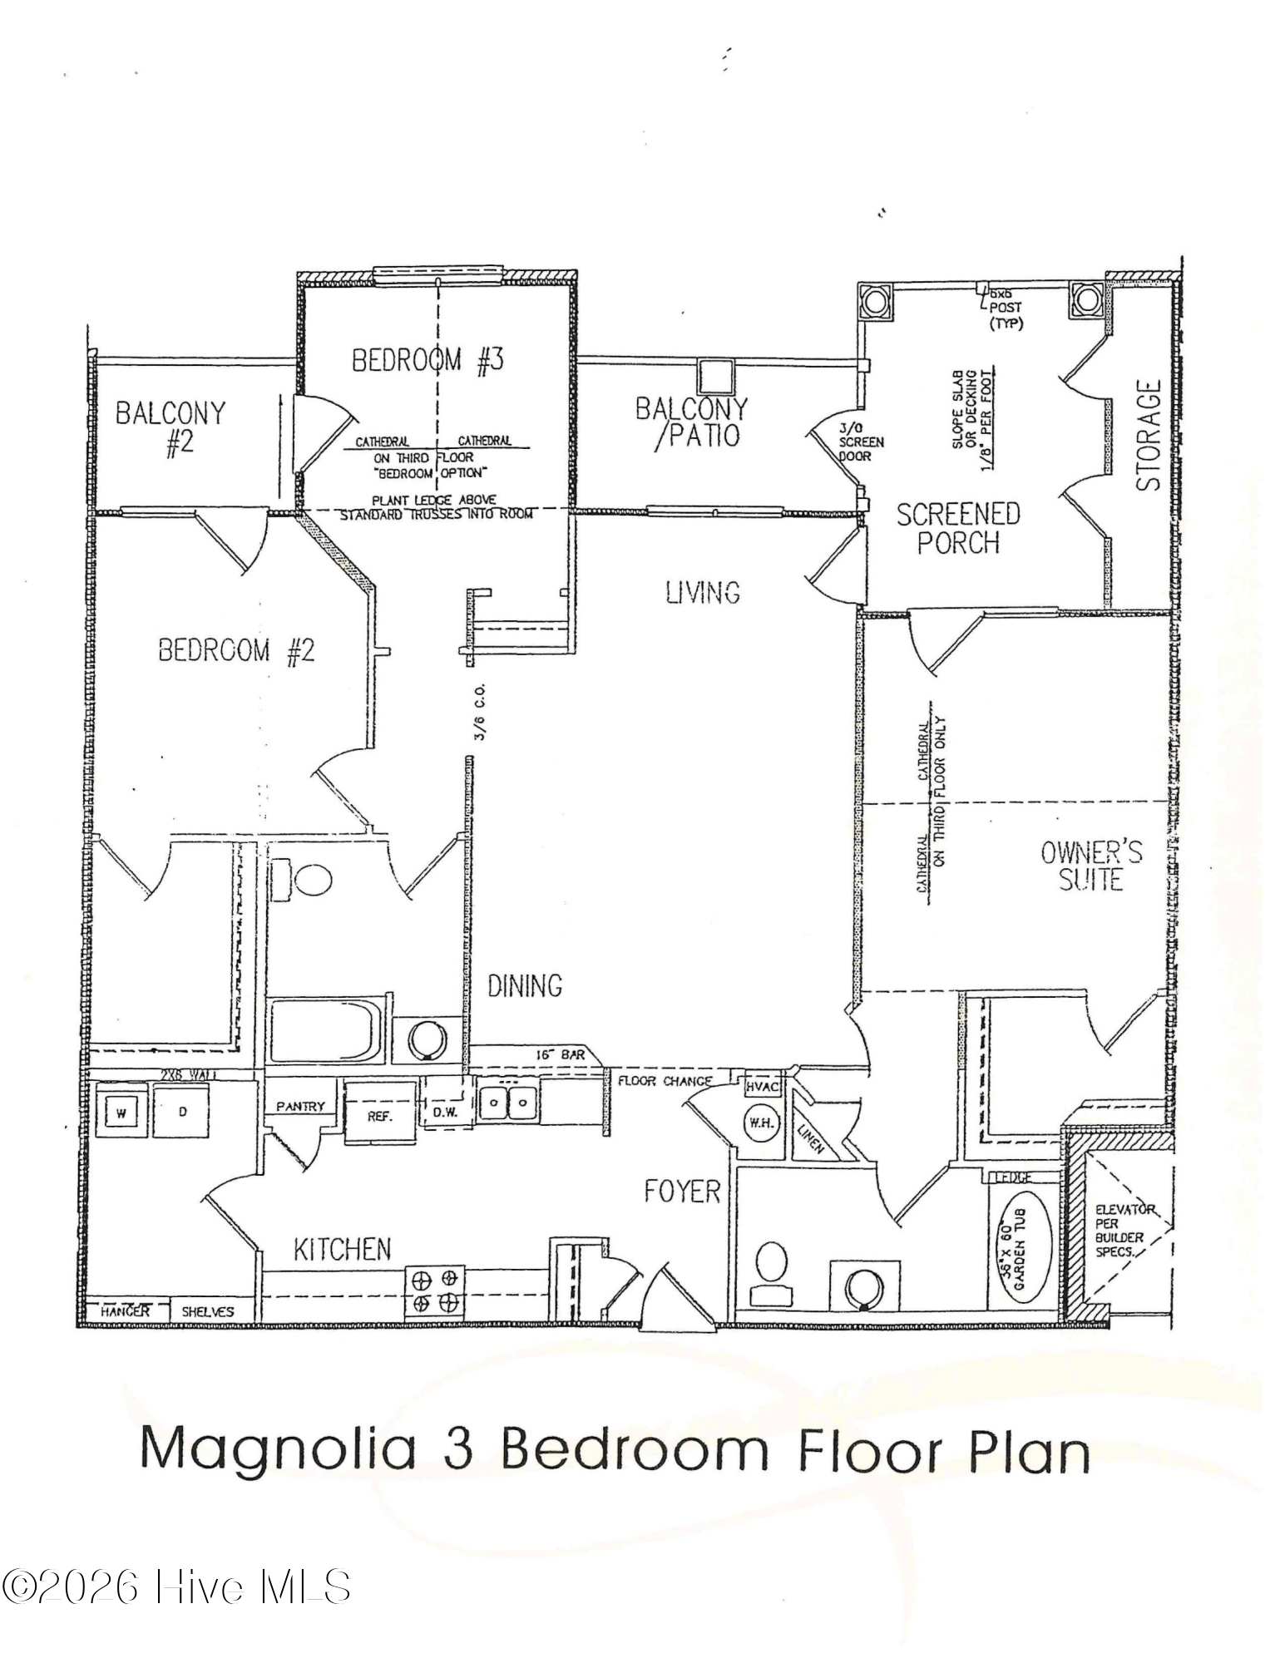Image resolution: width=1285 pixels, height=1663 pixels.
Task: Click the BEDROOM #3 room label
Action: point(428,360)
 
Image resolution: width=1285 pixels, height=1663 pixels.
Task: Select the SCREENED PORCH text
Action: point(957,527)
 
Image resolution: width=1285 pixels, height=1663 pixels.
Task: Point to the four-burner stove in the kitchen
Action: point(435,1289)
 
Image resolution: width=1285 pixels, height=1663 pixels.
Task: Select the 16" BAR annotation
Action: point(561,1055)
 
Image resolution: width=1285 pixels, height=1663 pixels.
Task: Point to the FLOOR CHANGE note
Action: point(665,1081)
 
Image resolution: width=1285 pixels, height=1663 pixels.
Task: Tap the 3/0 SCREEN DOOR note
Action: point(861,442)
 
